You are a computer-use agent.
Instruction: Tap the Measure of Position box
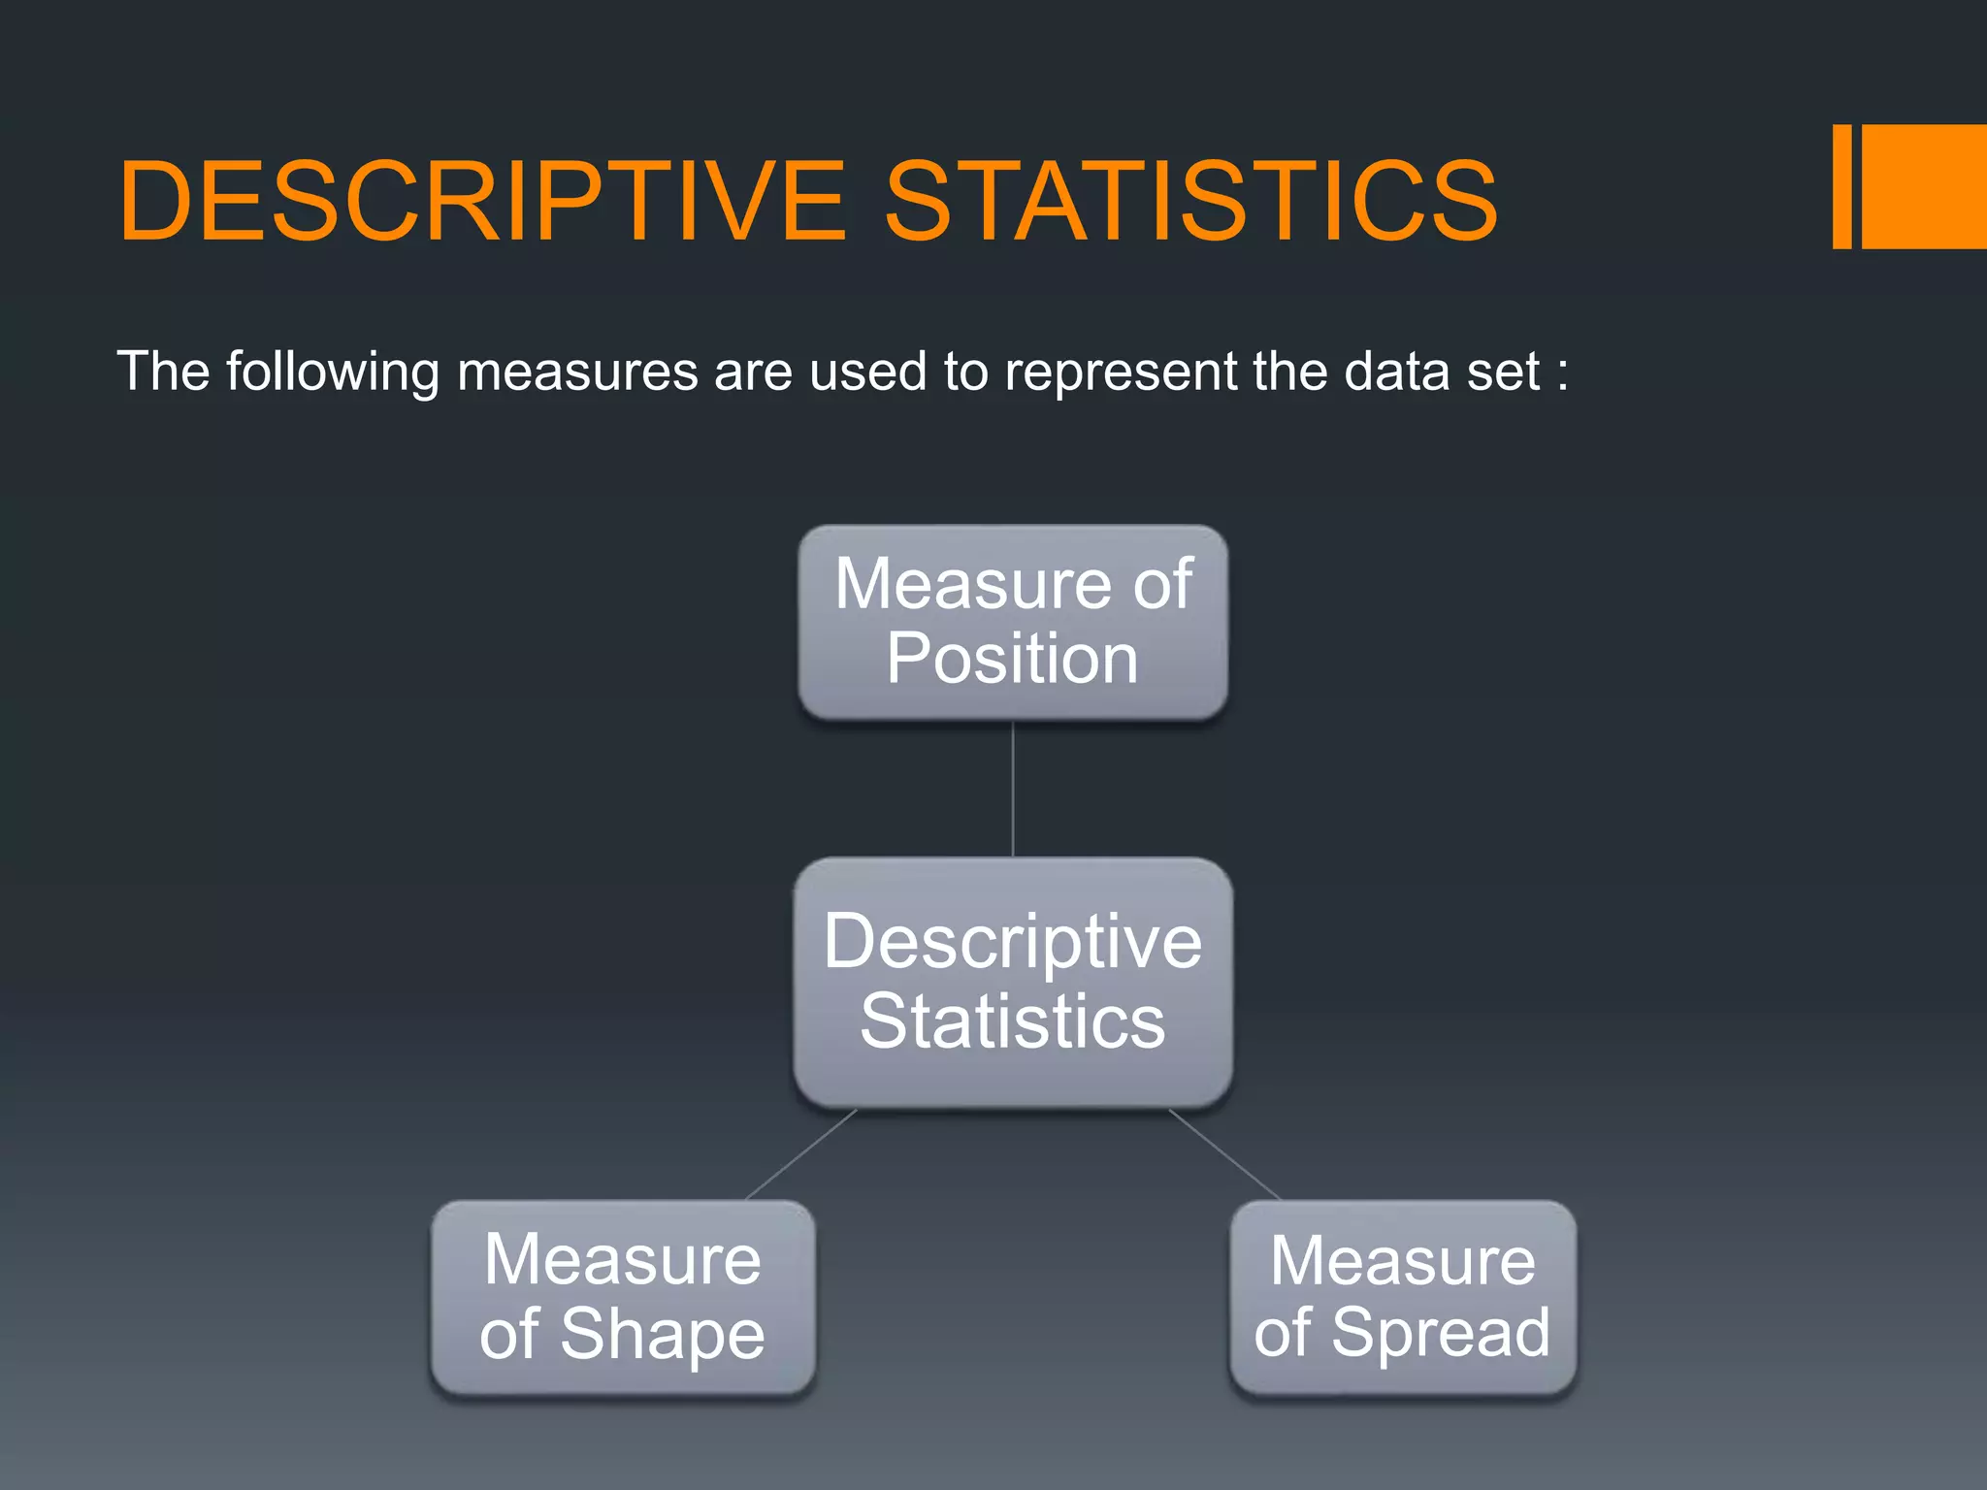(x=1013, y=622)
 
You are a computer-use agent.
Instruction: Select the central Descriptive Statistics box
(x=1013, y=982)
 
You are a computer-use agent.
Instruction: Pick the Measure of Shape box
(x=622, y=1297)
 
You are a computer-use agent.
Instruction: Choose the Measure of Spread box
(x=1402, y=1297)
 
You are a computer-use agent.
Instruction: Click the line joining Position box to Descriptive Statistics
(x=1013, y=789)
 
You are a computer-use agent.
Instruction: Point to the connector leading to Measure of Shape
(x=801, y=1154)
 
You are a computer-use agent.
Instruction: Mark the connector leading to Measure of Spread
(x=1224, y=1154)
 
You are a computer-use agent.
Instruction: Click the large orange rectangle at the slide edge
(x=1924, y=186)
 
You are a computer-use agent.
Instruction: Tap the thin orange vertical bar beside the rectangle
(x=1841, y=186)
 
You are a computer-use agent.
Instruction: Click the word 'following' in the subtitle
(x=332, y=372)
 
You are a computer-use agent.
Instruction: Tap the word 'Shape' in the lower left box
(x=663, y=1335)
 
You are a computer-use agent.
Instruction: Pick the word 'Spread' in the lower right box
(x=1441, y=1333)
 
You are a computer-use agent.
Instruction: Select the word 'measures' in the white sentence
(x=577, y=372)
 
